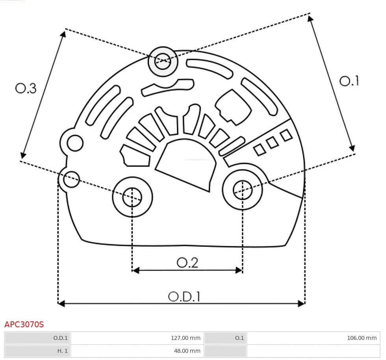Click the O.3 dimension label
coord(26,88)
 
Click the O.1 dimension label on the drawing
coord(349,81)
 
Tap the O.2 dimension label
coord(187,263)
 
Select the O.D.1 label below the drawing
coord(184,297)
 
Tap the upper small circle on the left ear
coord(75,143)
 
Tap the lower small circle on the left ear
coord(71,179)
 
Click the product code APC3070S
coord(24,325)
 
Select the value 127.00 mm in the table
coord(186,338)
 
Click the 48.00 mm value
coord(187,351)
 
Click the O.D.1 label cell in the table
coord(61,338)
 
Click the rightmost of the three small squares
coord(286,136)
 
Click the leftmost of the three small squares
coord(259,150)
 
